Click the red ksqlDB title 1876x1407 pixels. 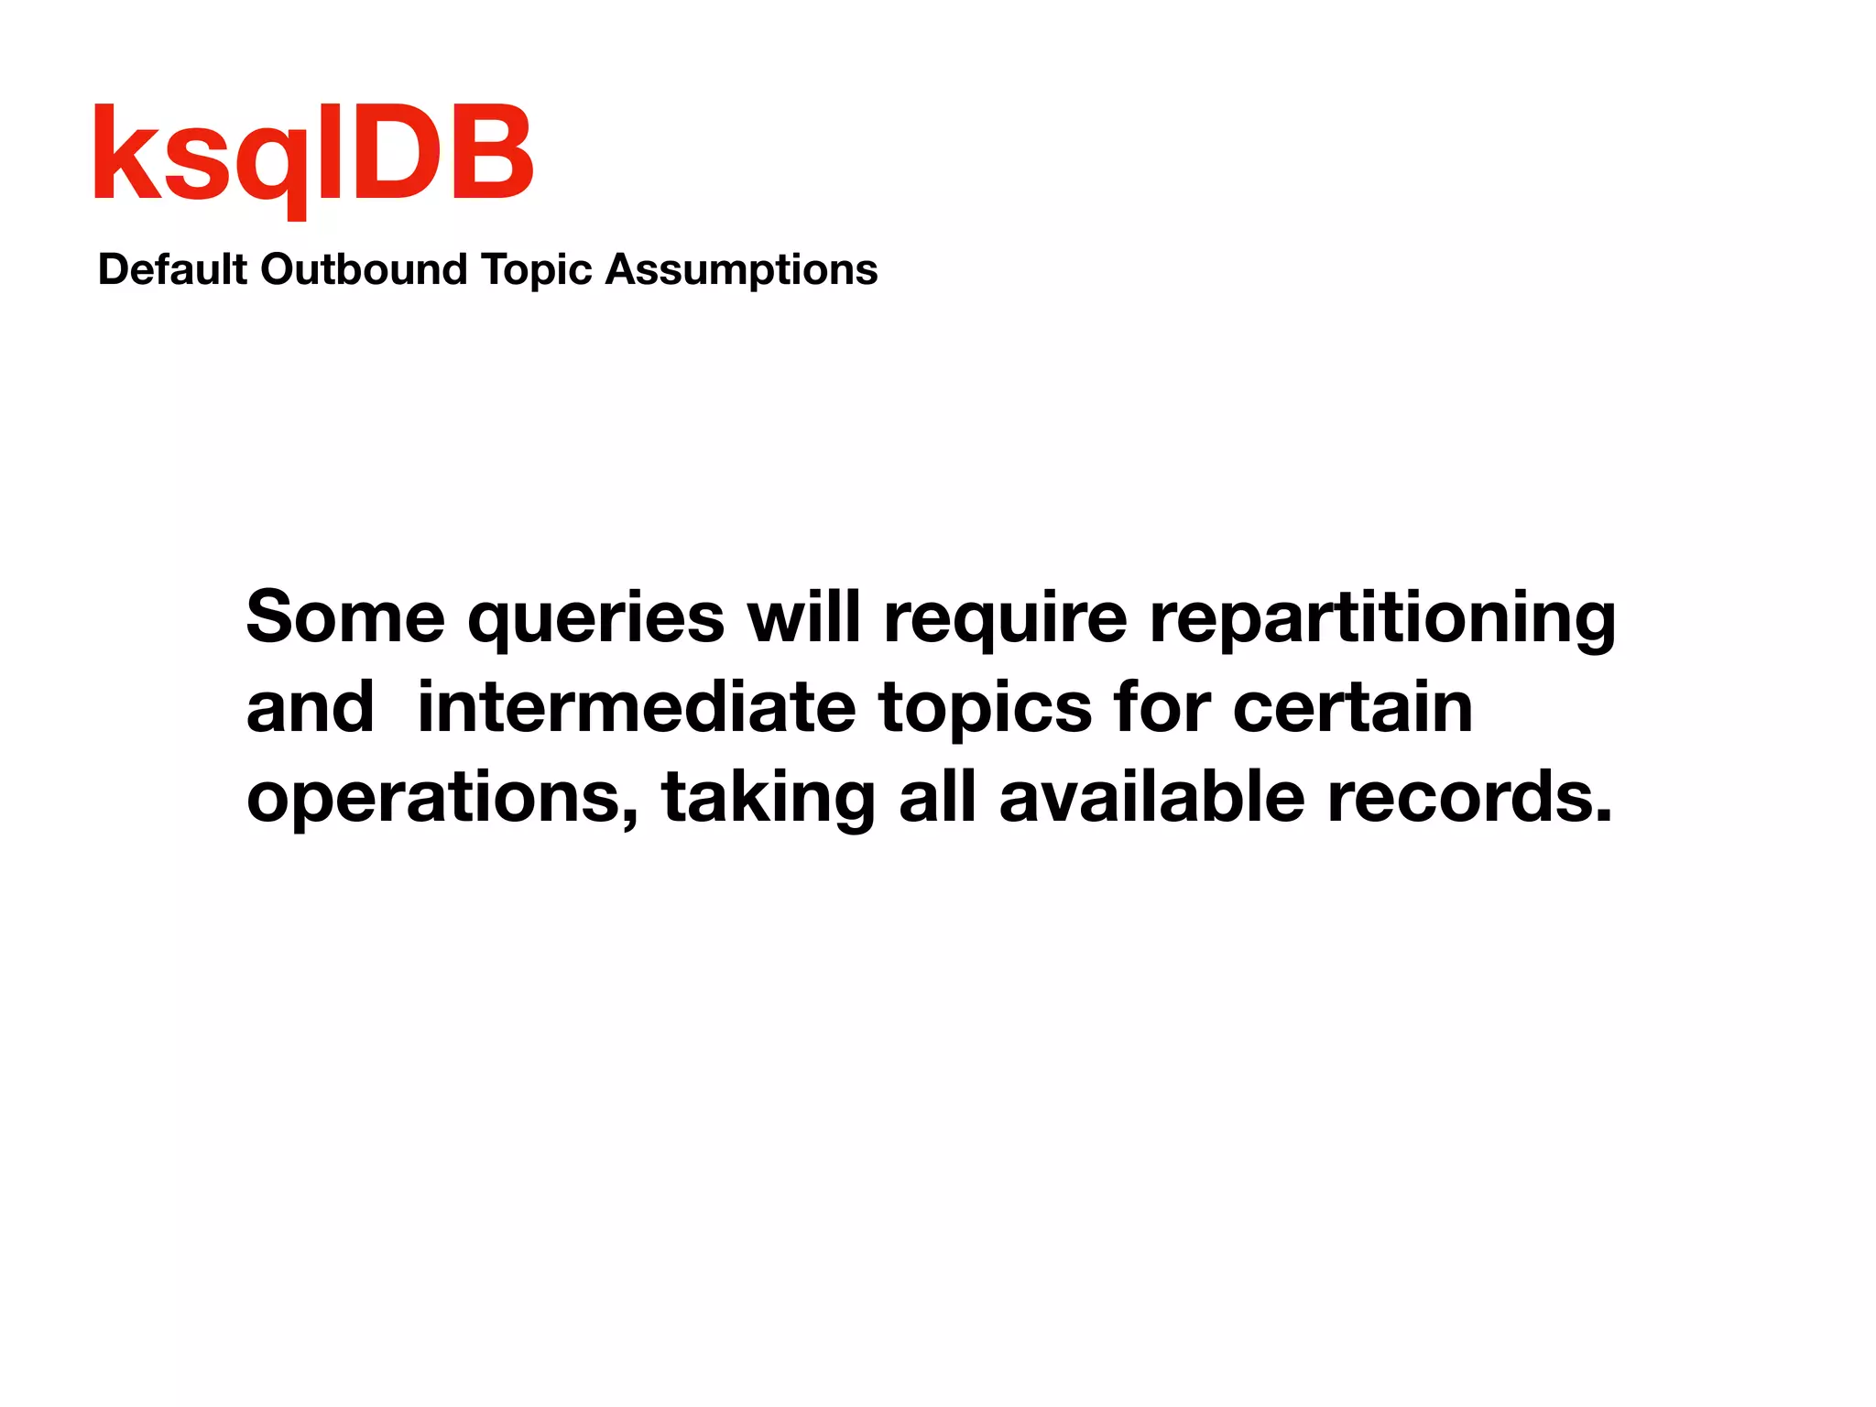pyautogui.click(x=313, y=156)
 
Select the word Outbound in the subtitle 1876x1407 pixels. pyautogui.click(x=364, y=270)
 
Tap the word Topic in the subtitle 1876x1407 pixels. pyautogui.click(x=537, y=270)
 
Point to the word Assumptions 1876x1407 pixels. pyautogui.click(x=741, y=270)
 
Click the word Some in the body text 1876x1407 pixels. pyautogui.click(x=345, y=616)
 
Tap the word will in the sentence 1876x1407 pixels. pyautogui.click(x=803, y=616)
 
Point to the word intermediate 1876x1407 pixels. pyautogui.click(x=636, y=707)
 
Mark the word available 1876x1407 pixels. pyautogui.click(x=1151, y=796)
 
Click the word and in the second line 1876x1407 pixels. pyautogui.click(x=311, y=707)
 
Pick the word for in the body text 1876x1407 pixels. pyautogui.click(x=1162, y=707)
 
